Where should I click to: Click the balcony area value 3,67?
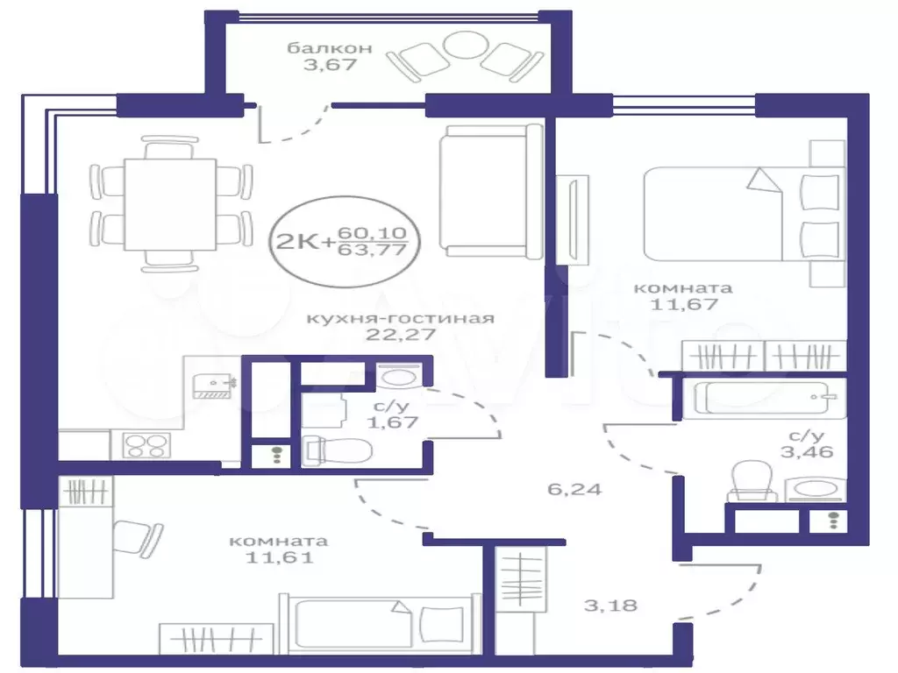click(x=330, y=64)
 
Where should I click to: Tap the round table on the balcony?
click(x=466, y=45)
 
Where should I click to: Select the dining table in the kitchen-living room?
click(x=170, y=204)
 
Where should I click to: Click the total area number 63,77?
click(x=372, y=249)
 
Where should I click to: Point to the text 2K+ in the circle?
click(x=304, y=242)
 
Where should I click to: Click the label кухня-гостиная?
click(x=400, y=318)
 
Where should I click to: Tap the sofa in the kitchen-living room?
click(x=491, y=192)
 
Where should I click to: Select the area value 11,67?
click(x=684, y=304)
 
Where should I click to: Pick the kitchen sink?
click(x=211, y=386)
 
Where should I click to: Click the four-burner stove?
click(x=146, y=445)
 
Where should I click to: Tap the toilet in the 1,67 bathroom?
click(x=337, y=450)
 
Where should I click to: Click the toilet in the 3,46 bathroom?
click(x=752, y=481)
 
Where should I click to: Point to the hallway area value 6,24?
click(x=574, y=489)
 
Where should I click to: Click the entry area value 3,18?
click(x=610, y=606)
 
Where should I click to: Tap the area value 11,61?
click(x=280, y=556)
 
